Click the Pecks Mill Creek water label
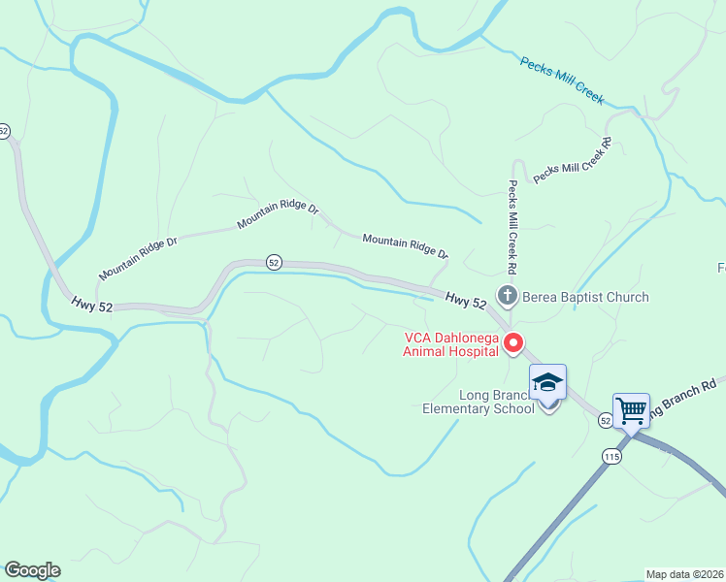tap(562, 81)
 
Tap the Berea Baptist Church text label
tap(585, 297)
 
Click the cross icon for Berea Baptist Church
tap(506, 295)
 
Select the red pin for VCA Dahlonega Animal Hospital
tap(514, 342)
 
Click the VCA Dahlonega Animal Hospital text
tap(452, 344)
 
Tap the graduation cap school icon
tap(547, 381)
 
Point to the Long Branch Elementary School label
tap(478, 402)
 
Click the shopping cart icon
tap(631, 410)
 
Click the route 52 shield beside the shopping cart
tap(605, 420)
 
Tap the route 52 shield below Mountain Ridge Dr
tap(274, 263)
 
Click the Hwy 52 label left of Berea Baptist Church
tap(466, 302)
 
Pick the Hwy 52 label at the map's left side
tap(92, 305)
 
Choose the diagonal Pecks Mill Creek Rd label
tap(572, 160)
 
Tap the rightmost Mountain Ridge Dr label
tap(406, 245)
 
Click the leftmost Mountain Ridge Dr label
tap(138, 257)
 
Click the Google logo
tap(32, 570)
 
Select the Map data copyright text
tap(685, 574)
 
